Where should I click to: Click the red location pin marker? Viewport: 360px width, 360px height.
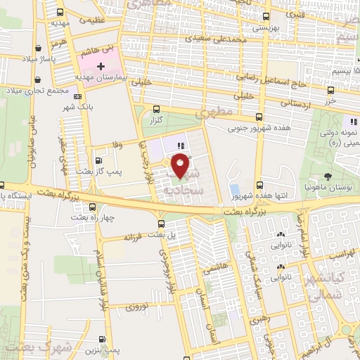(181, 167)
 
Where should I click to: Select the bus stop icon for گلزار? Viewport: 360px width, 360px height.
(156, 109)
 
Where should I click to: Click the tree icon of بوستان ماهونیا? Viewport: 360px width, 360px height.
(328, 176)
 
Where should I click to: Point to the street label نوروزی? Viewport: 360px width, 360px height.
(135, 307)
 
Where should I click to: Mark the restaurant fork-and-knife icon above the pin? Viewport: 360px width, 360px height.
(181, 146)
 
